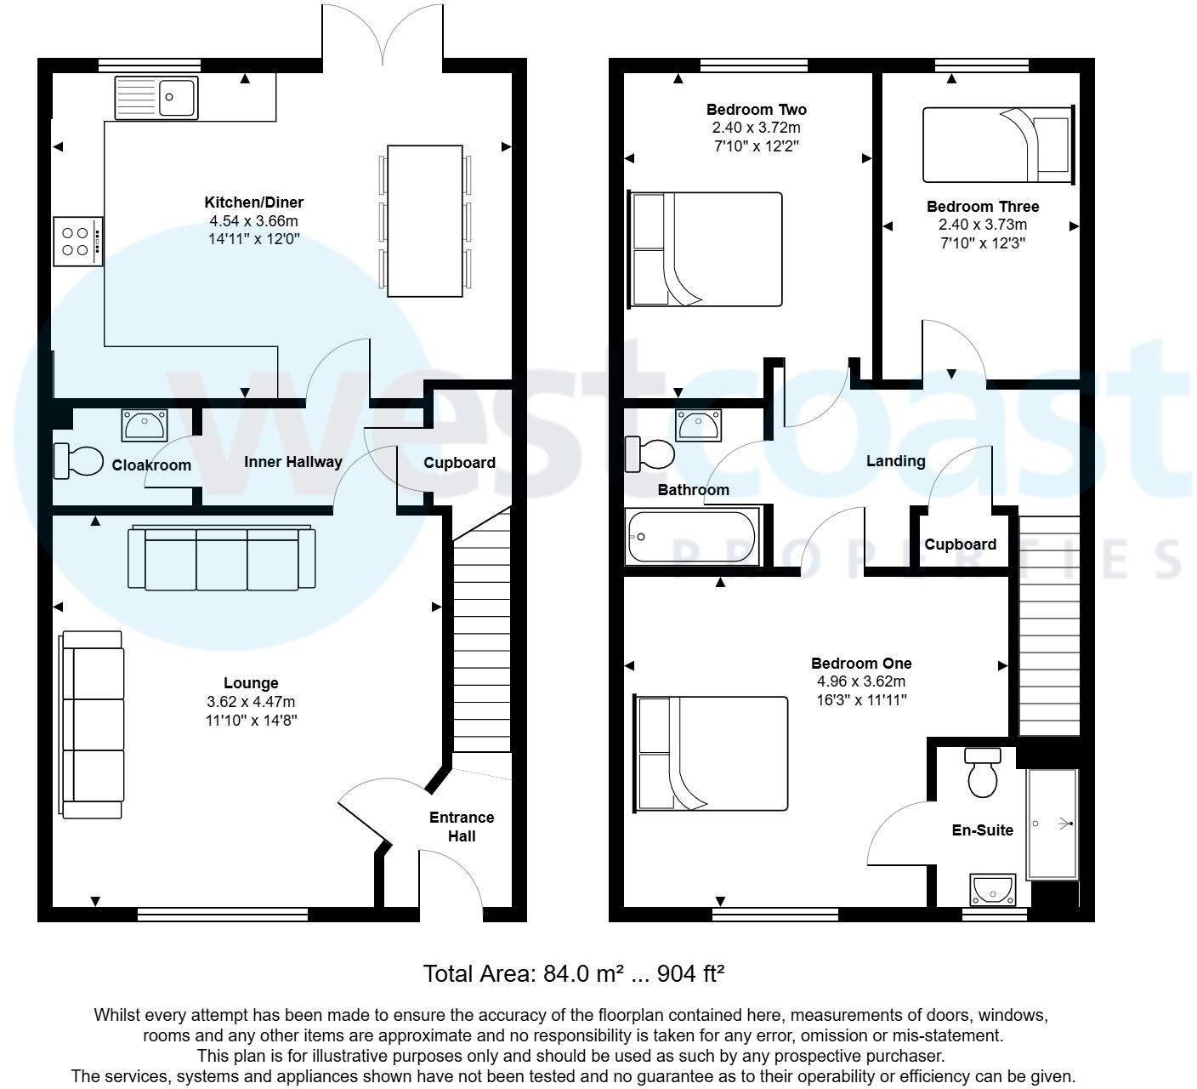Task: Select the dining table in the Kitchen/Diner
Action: point(425,221)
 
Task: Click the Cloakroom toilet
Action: point(77,460)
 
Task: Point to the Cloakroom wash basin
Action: point(145,424)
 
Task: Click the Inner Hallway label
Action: point(292,462)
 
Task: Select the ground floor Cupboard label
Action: point(459,463)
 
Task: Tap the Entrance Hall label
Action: point(461,826)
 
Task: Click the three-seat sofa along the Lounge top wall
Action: point(222,558)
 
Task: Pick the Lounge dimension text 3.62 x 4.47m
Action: point(251,702)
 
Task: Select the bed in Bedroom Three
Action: point(997,145)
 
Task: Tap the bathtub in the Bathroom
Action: point(691,537)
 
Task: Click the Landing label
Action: point(895,461)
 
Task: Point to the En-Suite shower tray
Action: point(1052,824)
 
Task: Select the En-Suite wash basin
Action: point(992,889)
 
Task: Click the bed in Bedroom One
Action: point(712,754)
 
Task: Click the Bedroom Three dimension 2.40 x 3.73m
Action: point(982,225)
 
